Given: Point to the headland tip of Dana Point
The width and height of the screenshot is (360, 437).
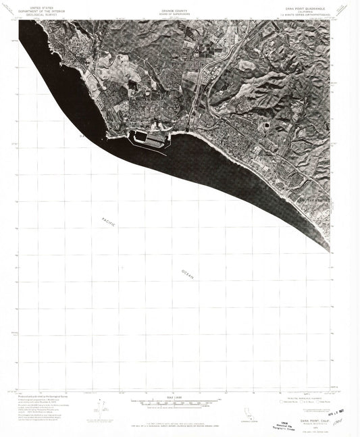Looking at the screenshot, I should click(x=110, y=137).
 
